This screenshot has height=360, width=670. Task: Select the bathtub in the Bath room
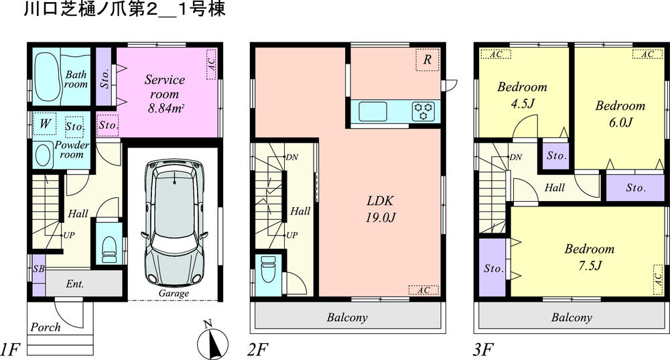point(46,74)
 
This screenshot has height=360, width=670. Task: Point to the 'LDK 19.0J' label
point(379,208)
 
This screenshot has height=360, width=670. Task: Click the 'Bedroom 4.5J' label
point(522,95)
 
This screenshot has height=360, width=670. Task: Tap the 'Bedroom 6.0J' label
point(620,113)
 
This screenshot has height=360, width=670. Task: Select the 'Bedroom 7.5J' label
point(589,257)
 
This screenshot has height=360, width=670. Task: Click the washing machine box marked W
point(46,124)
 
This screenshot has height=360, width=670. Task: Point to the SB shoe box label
point(38,268)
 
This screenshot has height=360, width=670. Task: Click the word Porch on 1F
point(45,328)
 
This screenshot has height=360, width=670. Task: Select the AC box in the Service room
point(212,64)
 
